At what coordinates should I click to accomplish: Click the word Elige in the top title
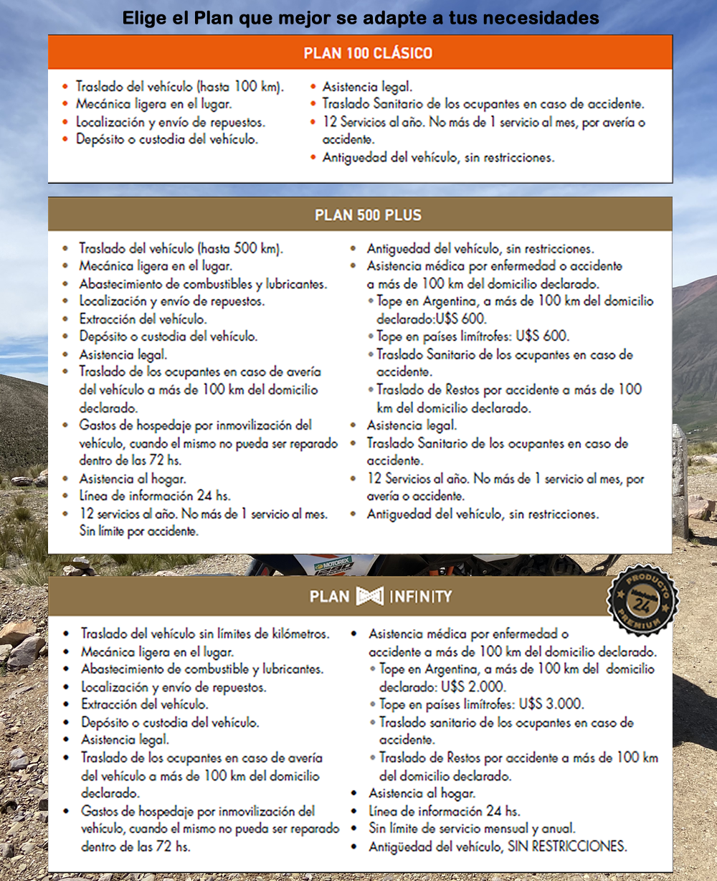coord(146,18)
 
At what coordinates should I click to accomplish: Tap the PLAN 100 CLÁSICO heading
coord(368,53)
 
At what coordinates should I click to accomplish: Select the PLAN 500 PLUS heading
coord(368,215)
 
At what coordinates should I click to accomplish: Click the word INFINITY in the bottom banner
coord(421,596)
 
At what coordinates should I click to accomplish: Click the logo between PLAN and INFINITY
coord(370,596)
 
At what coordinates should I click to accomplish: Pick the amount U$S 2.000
coord(473,687)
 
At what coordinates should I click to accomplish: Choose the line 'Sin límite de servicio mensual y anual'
coord(472,829)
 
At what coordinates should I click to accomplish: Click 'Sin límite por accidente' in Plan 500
coord(138,532)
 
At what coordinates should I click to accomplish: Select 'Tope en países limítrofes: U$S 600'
coord(473,336)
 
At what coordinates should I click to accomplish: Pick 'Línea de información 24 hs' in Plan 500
coord(155,496)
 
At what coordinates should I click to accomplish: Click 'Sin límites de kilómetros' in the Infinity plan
coord(263,634)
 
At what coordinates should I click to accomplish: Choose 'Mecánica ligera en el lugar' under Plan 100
coord(154,104)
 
